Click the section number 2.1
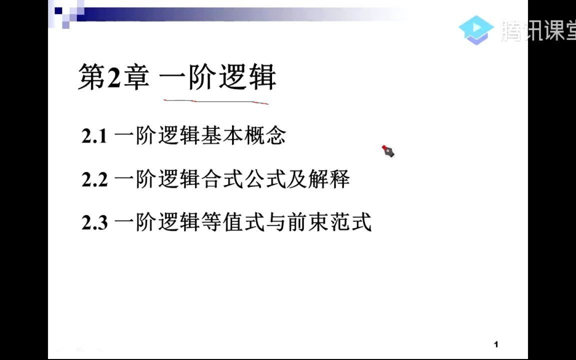coord(94,136)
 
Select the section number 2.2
coord(94,179)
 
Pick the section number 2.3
coord(94,222)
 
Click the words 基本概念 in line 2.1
coord(243,136)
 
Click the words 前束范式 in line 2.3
coord(329,222)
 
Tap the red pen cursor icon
coord(388,151)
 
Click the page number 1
coord(496,344)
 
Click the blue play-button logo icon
coord(476,29)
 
